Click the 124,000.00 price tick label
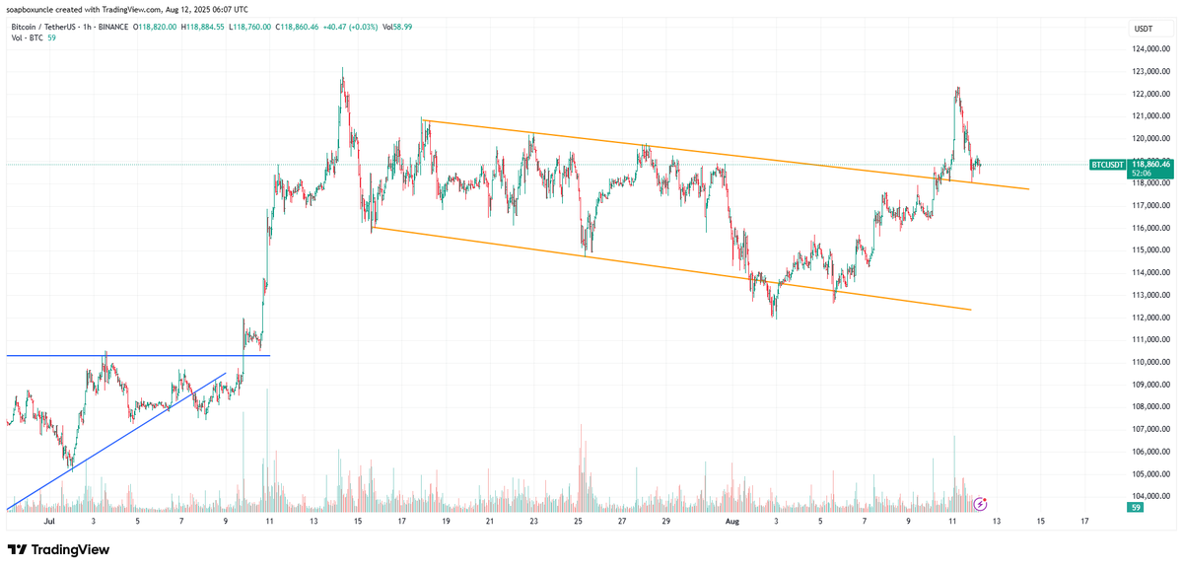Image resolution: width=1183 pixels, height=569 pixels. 1150,49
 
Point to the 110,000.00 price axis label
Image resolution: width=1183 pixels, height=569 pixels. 1150,362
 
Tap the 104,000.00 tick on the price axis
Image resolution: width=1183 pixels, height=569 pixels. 1150,496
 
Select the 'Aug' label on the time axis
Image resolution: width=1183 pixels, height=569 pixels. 731,520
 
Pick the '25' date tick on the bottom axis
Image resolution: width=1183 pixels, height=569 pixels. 578,520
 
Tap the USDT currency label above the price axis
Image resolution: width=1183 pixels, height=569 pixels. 1145,29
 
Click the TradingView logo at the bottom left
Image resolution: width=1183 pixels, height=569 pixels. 59,549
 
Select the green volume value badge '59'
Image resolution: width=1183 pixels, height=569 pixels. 1137,507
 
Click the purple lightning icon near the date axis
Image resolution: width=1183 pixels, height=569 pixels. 980,504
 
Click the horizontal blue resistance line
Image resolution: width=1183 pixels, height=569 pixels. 138,355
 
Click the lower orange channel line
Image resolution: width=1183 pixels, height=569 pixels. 670,269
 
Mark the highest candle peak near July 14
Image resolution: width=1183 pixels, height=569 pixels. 342,69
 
